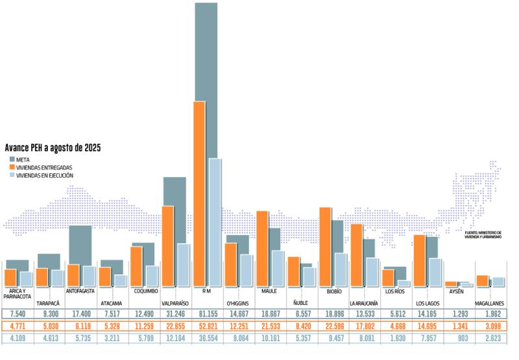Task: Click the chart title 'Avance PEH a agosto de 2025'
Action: pyautogui.click(x=53, y=148)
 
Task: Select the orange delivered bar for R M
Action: pyautogui.click(x=200, y=195)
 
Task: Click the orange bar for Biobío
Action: pyautogui.click(x=325, y=246)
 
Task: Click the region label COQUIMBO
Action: pyautogui.click(x=147, y=291)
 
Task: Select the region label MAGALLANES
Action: pyautogui.click(x=491, y=303)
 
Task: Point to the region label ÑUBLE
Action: pyautogui.click(x=300, y=303)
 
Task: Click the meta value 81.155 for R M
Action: pyautogui.click(x=208, y=314)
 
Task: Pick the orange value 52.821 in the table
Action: pyautogui.click(x=208, y=326)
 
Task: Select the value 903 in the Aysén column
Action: pyautogui.click(x=460, y=339)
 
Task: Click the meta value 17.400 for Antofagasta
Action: pyautogui.click(x=81, y=314)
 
